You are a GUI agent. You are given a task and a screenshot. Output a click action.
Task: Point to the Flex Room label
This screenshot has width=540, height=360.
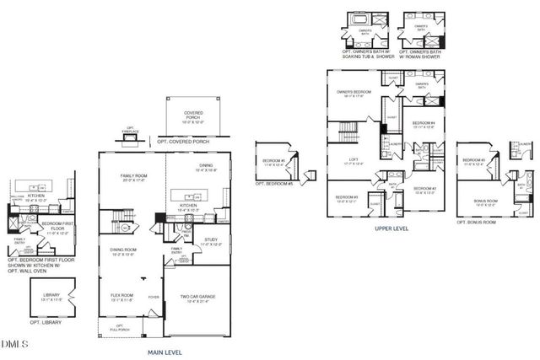123,296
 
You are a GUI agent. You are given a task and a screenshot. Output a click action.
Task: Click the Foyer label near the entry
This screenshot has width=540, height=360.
154,297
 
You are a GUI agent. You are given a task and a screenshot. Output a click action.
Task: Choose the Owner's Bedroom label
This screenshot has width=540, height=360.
354,94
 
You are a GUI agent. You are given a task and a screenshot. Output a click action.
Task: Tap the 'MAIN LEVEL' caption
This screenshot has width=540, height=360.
166,353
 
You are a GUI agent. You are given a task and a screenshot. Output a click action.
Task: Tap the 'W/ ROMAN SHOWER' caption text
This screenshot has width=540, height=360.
424,56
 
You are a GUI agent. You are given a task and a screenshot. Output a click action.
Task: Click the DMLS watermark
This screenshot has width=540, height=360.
15,344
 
